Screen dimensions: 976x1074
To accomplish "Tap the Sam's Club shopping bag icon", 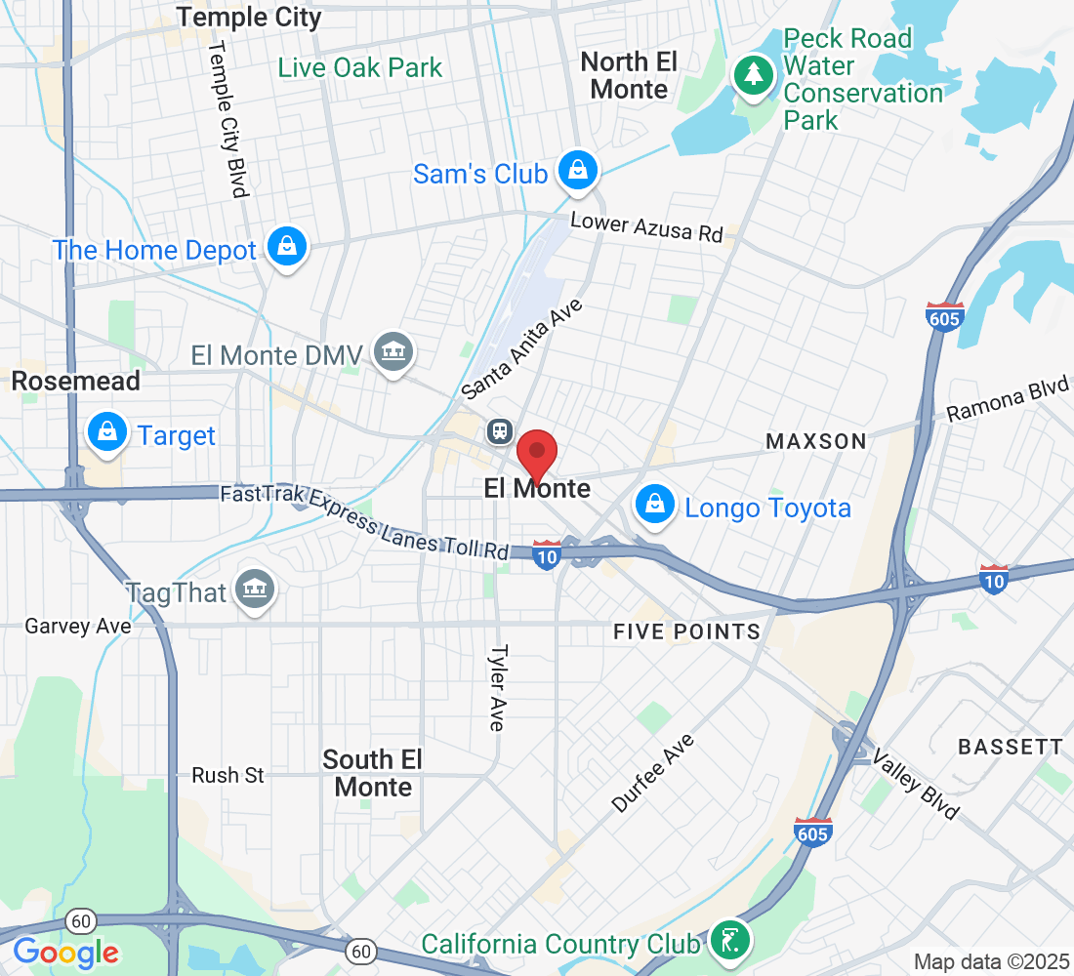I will (579, 171).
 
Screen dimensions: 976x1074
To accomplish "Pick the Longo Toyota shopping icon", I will (653, 504).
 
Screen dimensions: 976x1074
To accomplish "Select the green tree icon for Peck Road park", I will (752, 74).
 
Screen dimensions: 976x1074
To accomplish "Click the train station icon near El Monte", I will (500, 429).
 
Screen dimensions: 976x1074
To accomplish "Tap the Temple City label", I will (249, 17).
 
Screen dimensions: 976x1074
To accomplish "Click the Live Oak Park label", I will (359, 68).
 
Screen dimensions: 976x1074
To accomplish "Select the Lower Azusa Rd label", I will (646, 227).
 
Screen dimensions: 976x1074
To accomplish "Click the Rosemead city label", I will (76, 381).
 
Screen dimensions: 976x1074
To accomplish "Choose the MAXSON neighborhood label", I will (815, 441).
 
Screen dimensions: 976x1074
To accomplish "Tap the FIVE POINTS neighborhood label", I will (686, 631).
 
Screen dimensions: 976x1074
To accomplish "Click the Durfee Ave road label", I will (653, 773).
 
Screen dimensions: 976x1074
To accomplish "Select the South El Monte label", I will (373, 772).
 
